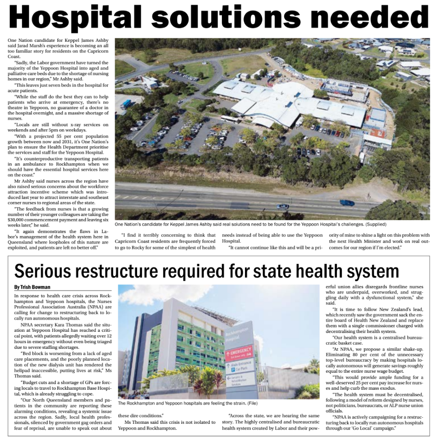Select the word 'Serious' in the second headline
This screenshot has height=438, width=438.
tap(46, 271)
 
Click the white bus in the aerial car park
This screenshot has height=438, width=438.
tap(230, 119)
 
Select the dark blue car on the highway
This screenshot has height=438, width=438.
tap(347, 202)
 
